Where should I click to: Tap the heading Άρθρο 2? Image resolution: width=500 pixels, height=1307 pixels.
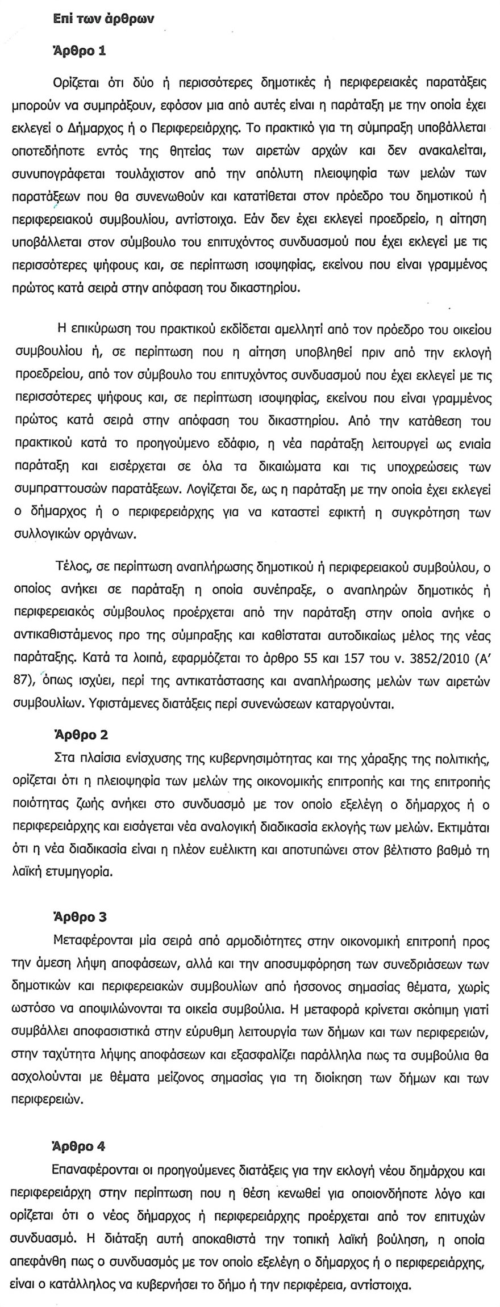tap(80, 734)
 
